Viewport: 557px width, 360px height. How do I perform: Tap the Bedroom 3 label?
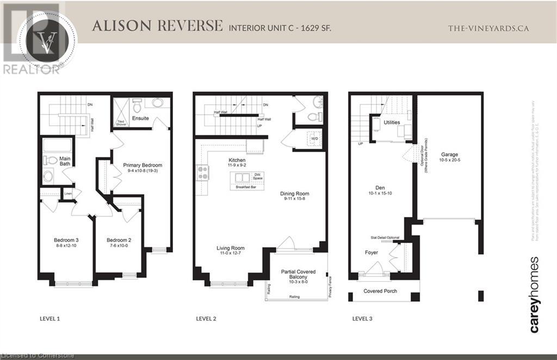click(x=66, y=240)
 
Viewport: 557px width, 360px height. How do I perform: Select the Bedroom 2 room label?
click(x=119, y=240)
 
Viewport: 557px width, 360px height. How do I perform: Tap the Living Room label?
click(x=231, y=249)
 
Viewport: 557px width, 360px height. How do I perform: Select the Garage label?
click(x=449, y=154)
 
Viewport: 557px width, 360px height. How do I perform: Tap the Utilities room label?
click(x=392, y=123)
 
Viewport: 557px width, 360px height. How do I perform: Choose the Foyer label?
click(x=372, y=252)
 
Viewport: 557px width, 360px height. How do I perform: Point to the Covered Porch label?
click(x=380, y=291)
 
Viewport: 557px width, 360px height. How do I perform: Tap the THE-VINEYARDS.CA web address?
click(x=488, y=28)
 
